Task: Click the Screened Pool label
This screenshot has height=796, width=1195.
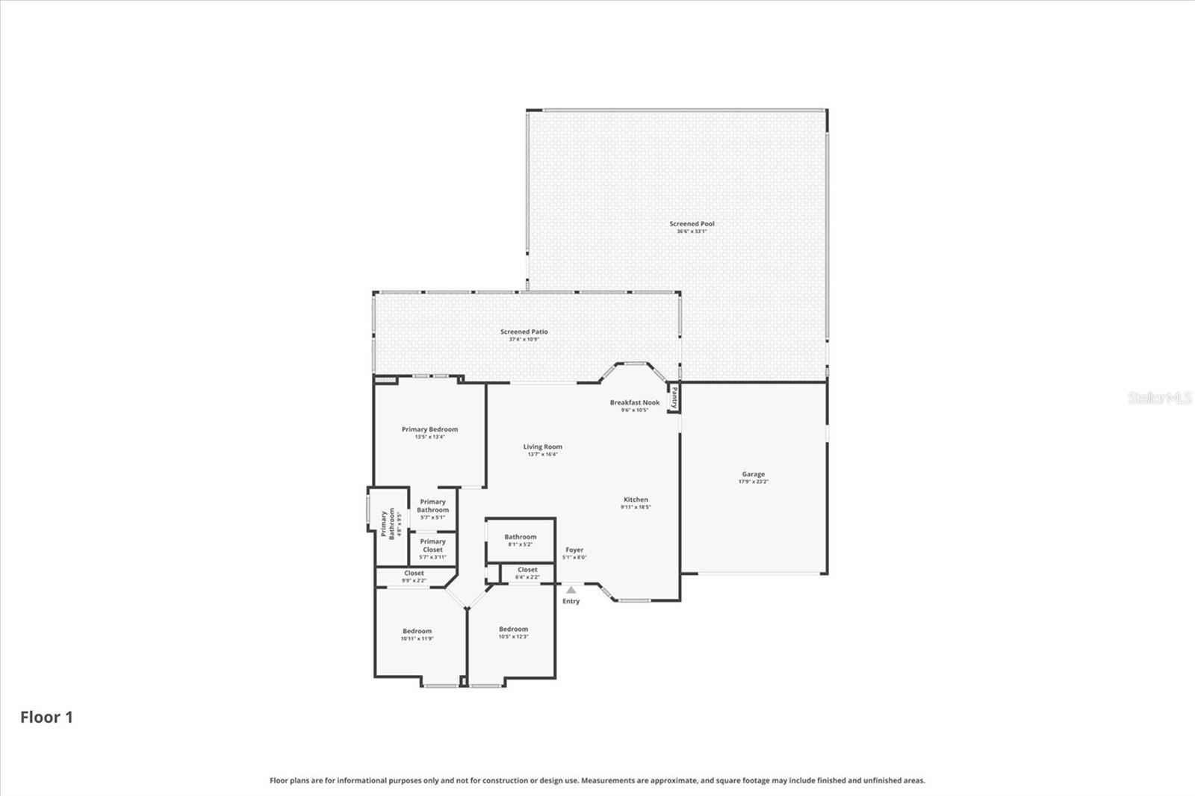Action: (692, 224)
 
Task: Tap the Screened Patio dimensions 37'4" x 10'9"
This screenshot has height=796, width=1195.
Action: (524, 339)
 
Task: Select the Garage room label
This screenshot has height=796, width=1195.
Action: (753, 474)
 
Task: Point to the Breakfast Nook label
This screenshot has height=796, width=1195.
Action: (634, 402)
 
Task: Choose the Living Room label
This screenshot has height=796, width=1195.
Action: (542, 447)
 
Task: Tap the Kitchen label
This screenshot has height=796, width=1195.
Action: (636, 500)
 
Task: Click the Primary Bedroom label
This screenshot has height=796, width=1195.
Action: (429, 429)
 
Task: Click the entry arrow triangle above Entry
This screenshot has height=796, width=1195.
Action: (571, 590)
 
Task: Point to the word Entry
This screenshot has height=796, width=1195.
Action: (571, 601)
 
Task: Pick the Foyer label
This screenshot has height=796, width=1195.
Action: (574, 550)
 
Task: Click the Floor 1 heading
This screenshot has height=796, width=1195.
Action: (46, 718)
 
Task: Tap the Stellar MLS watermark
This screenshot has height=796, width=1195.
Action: (1160, 398)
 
